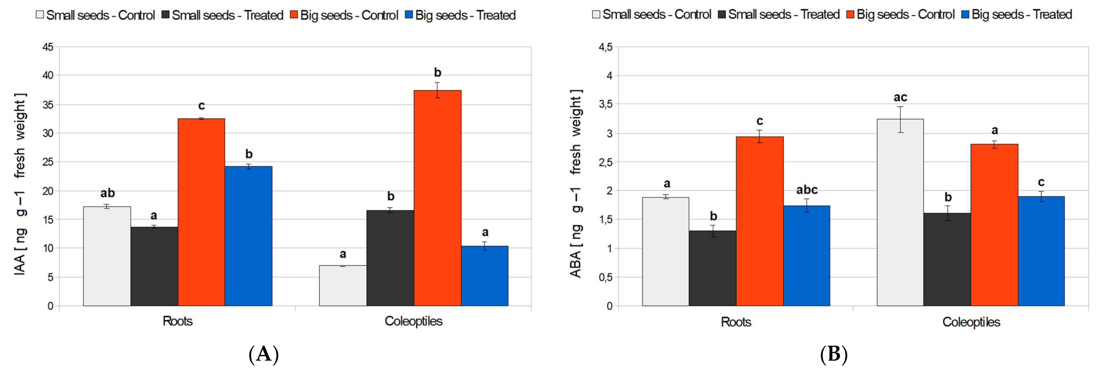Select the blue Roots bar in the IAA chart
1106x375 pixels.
(248, 236)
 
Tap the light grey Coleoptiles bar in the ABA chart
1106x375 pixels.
(900, 212)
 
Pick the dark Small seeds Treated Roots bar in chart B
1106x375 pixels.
(712, 268)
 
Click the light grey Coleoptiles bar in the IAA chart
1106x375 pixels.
(343, 286)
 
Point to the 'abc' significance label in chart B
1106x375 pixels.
(807, 190)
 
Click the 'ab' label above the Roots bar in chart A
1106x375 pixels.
(107, 193)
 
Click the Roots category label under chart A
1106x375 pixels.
(177, 321)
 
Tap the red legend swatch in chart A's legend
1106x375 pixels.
(294, 15)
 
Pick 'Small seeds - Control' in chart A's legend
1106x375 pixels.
(100, 15)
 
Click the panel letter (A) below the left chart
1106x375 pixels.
(264, 354)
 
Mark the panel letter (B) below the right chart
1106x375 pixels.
(834, 354)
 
